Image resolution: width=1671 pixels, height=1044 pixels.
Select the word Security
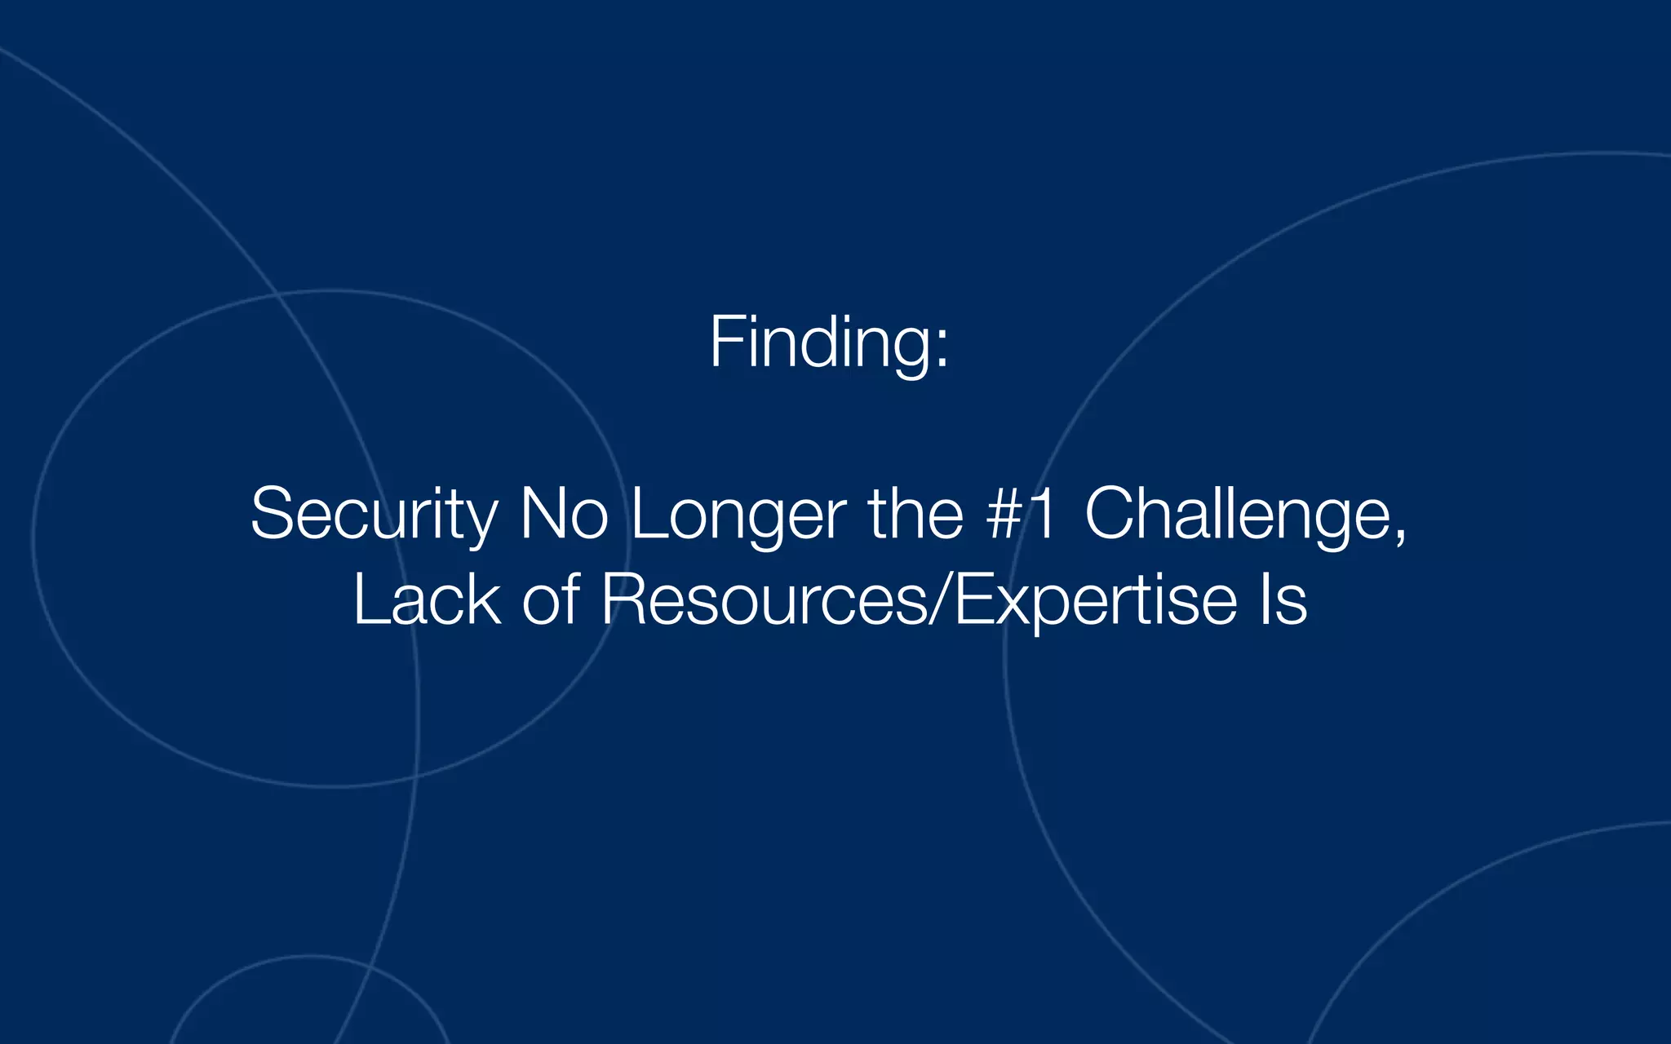point(374,514)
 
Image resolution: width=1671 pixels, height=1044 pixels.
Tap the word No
point(564,514)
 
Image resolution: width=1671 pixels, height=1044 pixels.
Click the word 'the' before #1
point(915,514)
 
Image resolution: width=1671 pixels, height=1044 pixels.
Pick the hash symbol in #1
point(1003,514)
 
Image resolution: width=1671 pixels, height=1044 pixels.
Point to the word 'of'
point(551,601)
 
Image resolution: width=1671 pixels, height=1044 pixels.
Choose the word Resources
point(764,601)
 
